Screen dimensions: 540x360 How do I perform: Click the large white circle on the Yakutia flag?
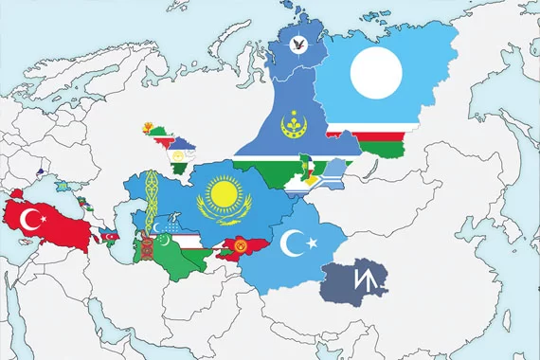pos(378,72)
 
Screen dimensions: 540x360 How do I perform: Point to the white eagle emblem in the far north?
pos(299,44)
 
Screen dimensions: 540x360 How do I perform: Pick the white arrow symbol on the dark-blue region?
pos(361,279)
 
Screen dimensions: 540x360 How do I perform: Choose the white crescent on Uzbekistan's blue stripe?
pos(168,224)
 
